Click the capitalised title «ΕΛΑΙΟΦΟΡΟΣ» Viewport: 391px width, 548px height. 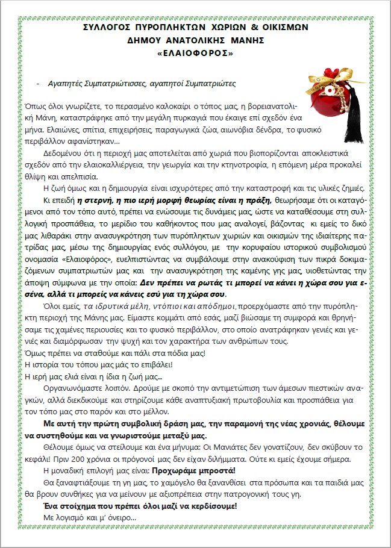195,53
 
